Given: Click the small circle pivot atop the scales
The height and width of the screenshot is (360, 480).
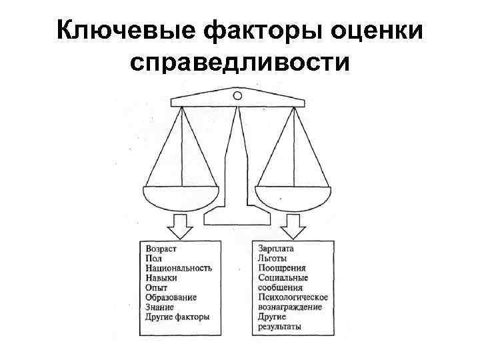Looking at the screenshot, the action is (236, 97).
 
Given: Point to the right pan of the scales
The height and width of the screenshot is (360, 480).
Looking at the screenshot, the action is (293, 197).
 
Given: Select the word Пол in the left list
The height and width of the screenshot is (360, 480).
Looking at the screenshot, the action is (152, 259).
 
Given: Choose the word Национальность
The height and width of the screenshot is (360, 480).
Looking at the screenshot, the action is (178, 268).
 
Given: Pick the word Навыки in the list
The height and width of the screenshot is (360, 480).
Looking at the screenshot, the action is (161, 278).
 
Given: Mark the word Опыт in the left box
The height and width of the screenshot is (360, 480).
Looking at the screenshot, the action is (155, 288).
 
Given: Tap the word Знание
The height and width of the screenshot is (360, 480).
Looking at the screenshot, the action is (159, 307).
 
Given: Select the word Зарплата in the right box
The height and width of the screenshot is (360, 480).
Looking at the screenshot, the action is (276, 249).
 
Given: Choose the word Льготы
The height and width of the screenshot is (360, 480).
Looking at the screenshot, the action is (272, 259).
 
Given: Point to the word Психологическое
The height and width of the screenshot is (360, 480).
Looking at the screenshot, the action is (292, 297).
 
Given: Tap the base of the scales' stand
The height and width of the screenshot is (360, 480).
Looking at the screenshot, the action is (237, 216).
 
